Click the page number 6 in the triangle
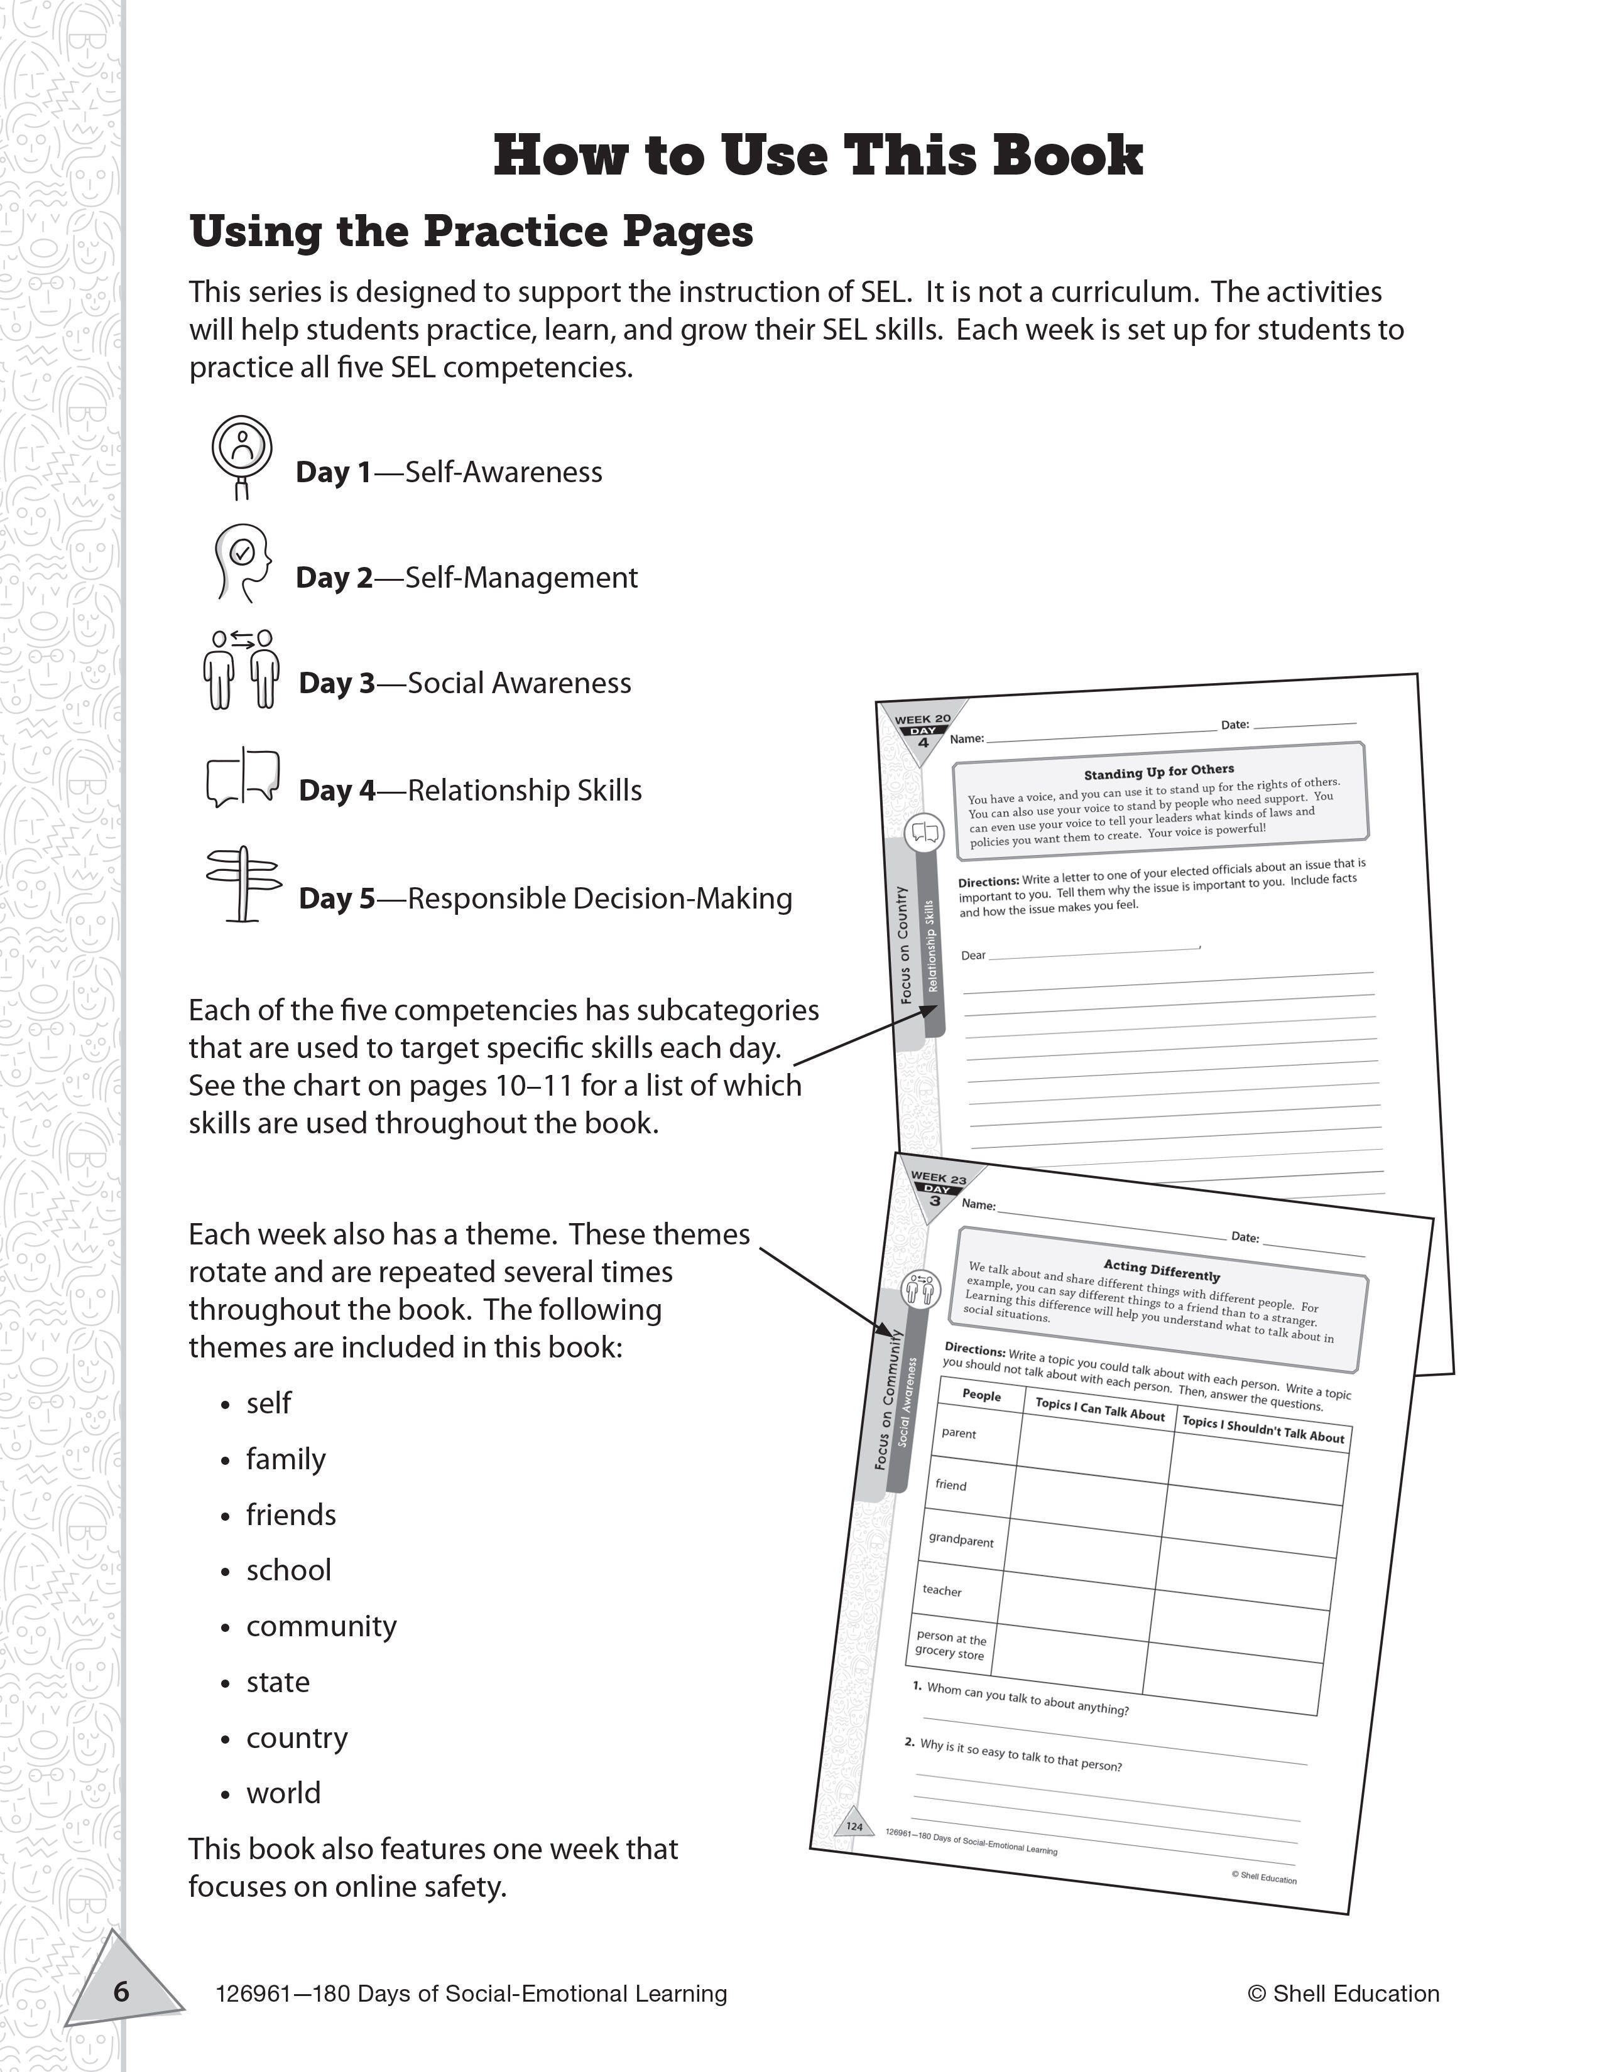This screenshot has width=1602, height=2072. click(121, 1990)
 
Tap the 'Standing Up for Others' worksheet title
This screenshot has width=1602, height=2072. click(1159, 771)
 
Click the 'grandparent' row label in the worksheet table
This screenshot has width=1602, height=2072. click(961, 1539)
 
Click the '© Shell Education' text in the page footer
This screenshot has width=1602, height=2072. click(1343, 1994)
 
